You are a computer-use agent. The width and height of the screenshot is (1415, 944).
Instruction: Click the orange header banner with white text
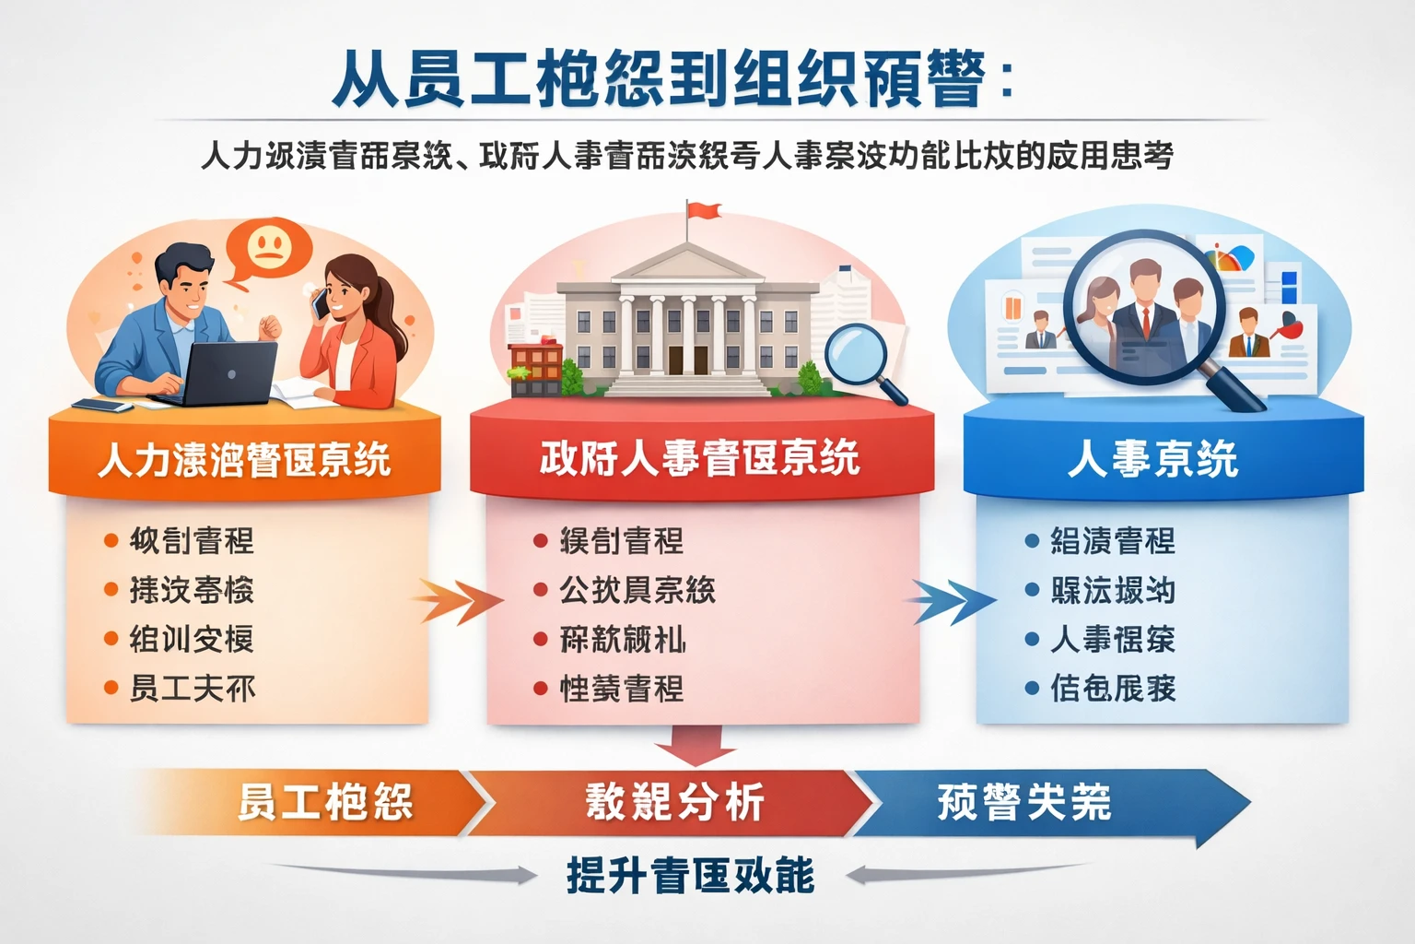[244, 459]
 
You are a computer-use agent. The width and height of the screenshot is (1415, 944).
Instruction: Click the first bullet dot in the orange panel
[111, 541]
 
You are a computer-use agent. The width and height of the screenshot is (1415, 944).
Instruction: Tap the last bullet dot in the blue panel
[1033, 688]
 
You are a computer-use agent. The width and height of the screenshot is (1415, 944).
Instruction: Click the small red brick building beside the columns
[535, 368]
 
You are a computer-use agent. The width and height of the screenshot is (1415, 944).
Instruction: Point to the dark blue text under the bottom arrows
[690, 875]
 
